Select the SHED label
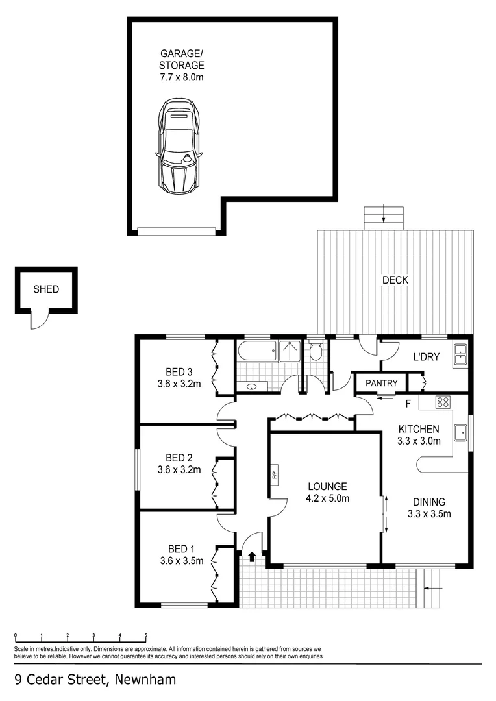pos(46,289)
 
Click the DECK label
pos(395,280)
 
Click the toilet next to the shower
pos(316,351)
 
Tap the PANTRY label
pos(380,383)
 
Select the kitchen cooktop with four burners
pos(443,402)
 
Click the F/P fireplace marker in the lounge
pos(275,476)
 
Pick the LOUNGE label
pos(327,486)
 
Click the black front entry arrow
pos(252,556)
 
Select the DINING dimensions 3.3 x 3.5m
pos(428,513)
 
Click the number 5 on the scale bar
pos(146,635)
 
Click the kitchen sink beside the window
pos(462,432)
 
